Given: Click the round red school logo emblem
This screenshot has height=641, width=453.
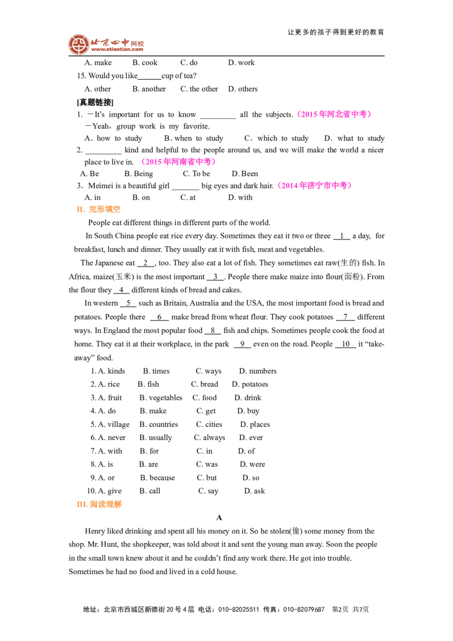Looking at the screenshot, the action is coord(79,44).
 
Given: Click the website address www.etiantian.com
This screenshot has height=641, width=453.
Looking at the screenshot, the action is coord(117,49).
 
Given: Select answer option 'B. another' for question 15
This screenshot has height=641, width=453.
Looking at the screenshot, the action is coord(149,89).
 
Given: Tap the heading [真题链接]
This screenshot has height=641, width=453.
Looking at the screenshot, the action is coord(95,102).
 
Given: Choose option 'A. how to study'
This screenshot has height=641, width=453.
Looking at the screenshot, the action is coord(113,138).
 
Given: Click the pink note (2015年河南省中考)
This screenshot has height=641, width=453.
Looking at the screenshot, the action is coord(178,161).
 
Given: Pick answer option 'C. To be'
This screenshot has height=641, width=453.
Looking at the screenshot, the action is coord(196,173).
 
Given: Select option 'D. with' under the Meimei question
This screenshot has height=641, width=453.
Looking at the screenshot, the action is coord(241,198).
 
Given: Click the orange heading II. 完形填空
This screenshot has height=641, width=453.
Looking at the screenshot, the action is coord(99,210).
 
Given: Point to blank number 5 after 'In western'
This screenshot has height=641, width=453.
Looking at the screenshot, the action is coord(128,304).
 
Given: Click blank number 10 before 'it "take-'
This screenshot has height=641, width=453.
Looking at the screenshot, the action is coord(345,344).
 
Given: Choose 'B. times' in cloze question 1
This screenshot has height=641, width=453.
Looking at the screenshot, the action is coord(156,371).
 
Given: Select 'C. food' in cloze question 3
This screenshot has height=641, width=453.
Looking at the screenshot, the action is coord(204,398).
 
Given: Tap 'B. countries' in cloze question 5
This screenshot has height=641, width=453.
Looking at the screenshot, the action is coord(159,424).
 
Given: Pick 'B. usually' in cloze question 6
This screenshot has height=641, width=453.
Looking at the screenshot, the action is coord(156,438).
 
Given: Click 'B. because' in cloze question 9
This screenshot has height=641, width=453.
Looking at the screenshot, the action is coord(157,478).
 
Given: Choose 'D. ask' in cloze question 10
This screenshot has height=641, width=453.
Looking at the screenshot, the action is coord(254,491).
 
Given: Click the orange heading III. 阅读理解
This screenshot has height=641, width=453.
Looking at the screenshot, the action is coord(99,505).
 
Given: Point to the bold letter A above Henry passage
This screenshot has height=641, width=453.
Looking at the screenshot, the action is coord(219,518).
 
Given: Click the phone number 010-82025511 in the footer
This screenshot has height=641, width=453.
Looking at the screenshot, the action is coord(238,609).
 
